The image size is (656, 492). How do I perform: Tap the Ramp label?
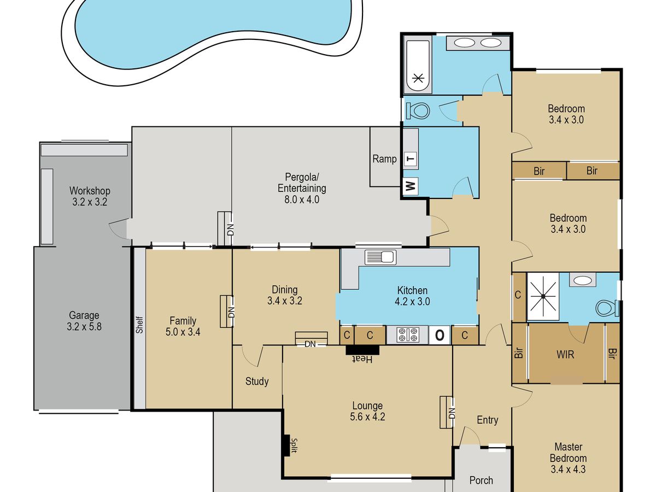coord(384,159)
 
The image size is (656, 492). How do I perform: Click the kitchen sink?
coord(380,257)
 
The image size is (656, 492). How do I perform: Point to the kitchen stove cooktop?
coord(408,335)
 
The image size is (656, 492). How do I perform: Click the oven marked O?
coord(440,335)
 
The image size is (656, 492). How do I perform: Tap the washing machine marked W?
coord(411,186)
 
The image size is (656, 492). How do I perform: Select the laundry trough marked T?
coord(411,159)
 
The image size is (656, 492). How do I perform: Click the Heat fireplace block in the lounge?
coord(362,350)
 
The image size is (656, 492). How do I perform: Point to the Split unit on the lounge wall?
coord(286,445)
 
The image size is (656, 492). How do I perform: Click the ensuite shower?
coord(543,296)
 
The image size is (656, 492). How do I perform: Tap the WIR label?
coord(565,355)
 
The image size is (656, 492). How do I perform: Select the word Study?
coord(257,382)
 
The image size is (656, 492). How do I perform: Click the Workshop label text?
coord(90,191)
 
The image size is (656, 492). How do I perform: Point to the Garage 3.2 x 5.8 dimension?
coord(84,326)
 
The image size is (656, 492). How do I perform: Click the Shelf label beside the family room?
coord(139,325)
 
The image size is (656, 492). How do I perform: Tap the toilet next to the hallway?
coord(420,111)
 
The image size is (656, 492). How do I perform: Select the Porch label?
coord(481,481)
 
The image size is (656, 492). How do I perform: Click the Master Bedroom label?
coord(568,453)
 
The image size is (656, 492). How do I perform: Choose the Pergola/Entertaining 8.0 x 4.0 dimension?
coord(302,200)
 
